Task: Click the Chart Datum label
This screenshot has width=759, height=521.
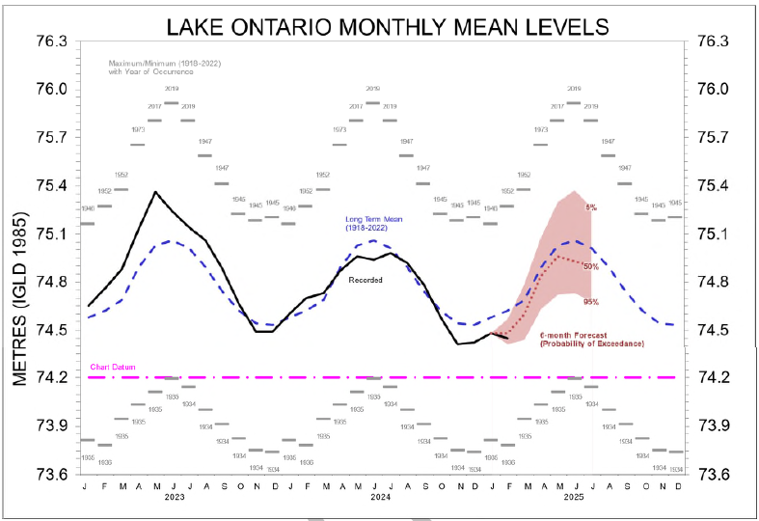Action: [x=109, y=368]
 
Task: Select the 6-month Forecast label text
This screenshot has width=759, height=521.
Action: [x=591, y=339]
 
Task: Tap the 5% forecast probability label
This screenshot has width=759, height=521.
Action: [x=591, y=208]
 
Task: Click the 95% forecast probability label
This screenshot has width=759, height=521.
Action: [x=591, y=302]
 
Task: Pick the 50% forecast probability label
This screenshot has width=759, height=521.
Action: [x=589, y=266]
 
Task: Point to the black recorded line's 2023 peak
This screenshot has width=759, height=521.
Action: [x=155, y=192]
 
